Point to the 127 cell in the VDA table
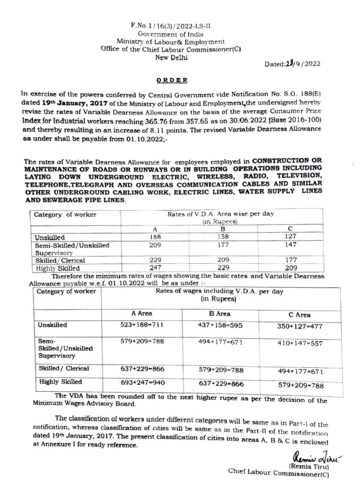(x=291, y=237)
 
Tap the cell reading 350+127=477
(x=300, y=327)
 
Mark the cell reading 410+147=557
(x=300, y=344)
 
